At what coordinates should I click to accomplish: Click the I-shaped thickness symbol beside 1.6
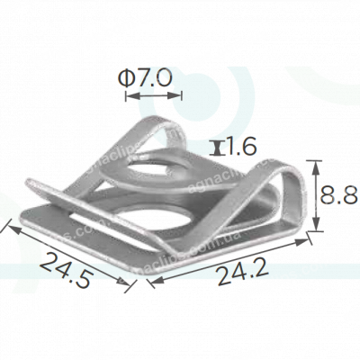216,146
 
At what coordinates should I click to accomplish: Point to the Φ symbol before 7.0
127,79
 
